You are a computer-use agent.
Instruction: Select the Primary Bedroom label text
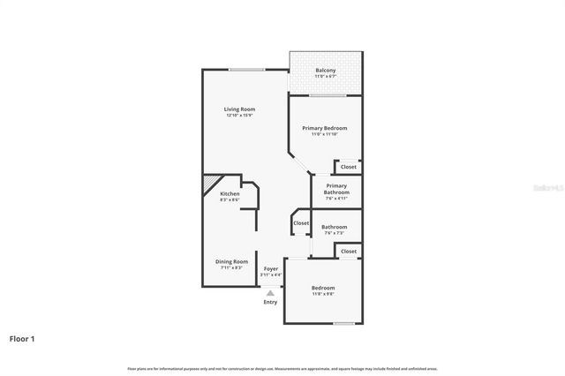point(324,128)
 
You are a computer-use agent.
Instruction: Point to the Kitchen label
point(230,193)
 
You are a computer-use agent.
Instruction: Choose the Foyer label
point(271,268)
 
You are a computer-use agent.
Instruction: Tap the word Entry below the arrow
point(270,303)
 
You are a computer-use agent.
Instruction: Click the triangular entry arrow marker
point(270,293)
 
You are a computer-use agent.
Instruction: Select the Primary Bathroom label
point(336,189)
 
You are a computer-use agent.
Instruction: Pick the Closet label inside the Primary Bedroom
point(349,167)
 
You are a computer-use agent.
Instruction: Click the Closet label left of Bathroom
point(301,223)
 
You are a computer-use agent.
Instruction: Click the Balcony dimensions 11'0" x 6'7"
point(325,77)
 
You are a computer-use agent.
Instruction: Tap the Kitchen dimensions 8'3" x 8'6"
point(230,200)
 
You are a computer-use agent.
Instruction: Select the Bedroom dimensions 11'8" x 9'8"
point(323,294)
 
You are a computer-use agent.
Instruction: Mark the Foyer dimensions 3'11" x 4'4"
point(271,274)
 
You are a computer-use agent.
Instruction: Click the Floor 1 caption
point(22,338)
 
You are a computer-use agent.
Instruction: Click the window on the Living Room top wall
point(246,70)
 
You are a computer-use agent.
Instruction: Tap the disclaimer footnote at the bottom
point(282,368)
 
